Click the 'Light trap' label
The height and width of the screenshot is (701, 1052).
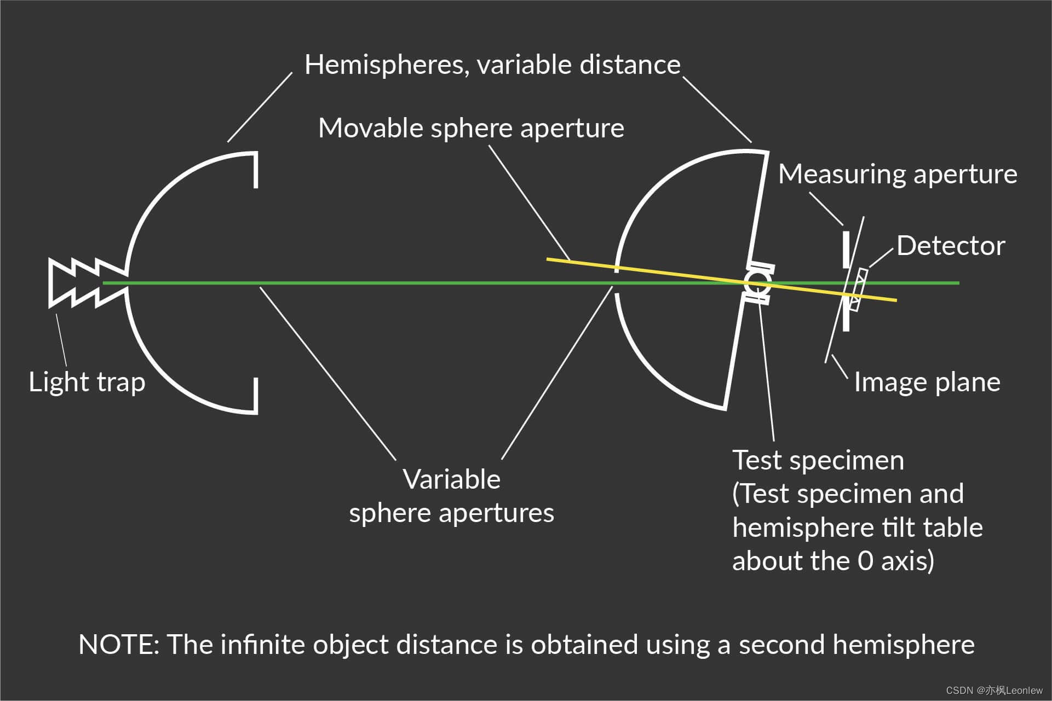click(87, 382)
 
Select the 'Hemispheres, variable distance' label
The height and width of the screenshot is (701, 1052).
click(492, 65)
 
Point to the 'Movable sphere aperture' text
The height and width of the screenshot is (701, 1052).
click(471, 128)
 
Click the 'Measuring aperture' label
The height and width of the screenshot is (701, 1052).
click(897, 174)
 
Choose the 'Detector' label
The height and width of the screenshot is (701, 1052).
click(950, 246)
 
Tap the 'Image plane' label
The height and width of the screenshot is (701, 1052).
click(927, 382)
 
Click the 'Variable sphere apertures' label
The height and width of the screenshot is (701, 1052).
click(451, 496)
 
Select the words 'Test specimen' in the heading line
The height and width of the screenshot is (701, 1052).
click(818, 460)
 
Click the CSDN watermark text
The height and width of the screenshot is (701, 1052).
click(994, 691)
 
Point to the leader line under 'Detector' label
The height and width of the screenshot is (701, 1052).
click(881, 257)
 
